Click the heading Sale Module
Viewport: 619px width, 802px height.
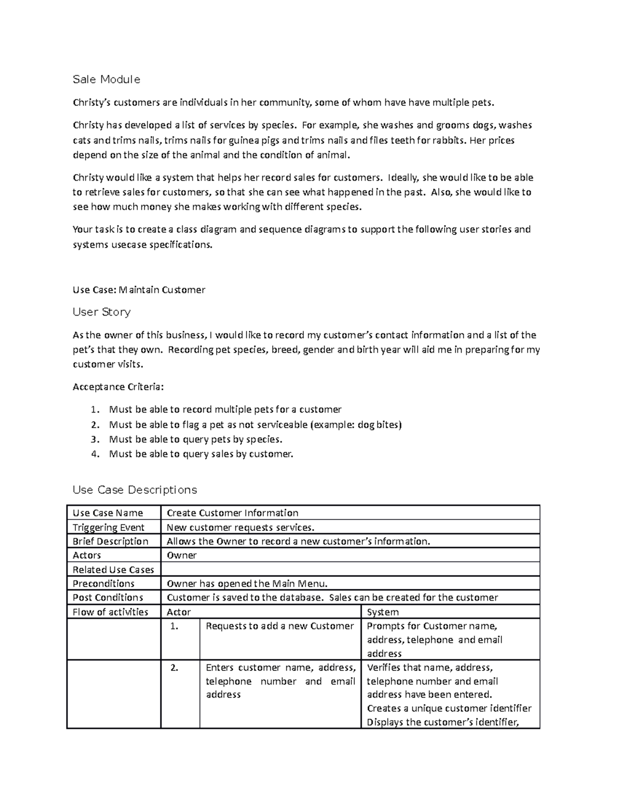(106, 80)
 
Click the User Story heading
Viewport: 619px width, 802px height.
(102, 312)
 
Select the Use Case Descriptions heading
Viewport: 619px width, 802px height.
(135, 490)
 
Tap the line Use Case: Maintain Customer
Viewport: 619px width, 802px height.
(139, 290)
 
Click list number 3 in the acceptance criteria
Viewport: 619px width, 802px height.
(94, 439)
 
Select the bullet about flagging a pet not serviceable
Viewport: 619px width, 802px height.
(255, 424)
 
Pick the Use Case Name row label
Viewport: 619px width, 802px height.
(107, 513)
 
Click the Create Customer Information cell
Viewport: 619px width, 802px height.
(232, 513)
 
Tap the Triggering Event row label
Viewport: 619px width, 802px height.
(108, 527)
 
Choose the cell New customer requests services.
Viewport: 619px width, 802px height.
(240, 527)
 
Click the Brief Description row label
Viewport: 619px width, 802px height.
(110, 541)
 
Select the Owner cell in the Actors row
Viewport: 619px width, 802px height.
(182, 555)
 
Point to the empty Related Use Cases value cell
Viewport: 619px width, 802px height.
(350, 570)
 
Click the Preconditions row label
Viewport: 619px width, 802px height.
(103, 584)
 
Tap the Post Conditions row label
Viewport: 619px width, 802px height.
(108, 597)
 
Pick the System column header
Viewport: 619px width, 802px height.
(382, 612)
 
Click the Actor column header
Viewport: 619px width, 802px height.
(178, 612)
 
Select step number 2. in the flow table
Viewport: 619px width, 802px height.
(174, 667)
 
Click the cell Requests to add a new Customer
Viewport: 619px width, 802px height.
(280, 626)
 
